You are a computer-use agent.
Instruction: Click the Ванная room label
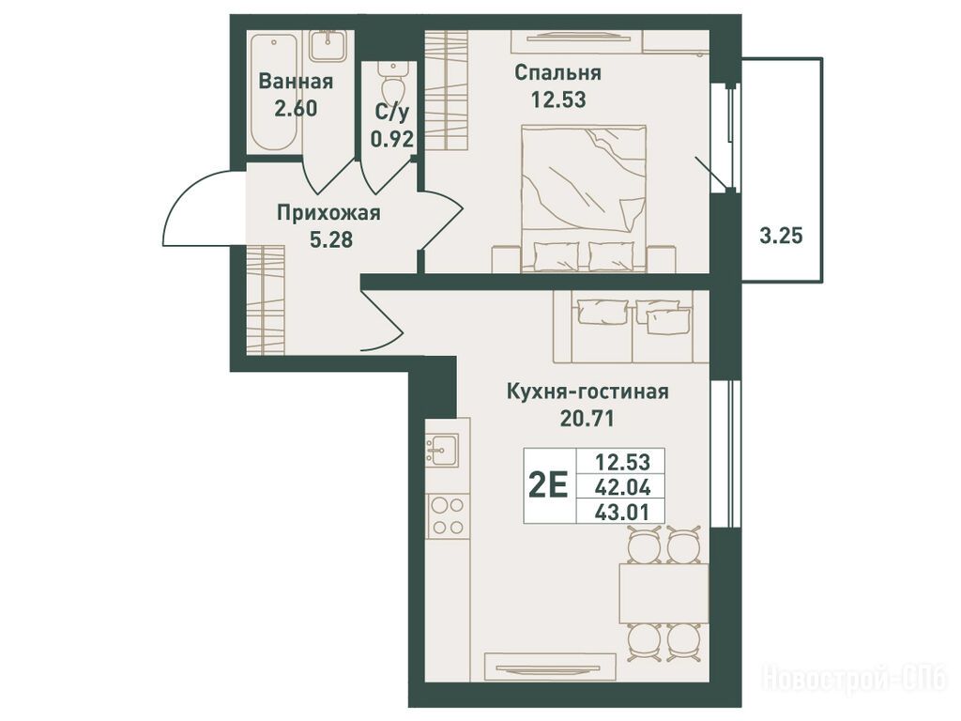click(296, 81)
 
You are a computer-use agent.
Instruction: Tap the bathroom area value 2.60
click(296, 109)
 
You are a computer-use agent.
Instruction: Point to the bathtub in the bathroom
click(275, 92)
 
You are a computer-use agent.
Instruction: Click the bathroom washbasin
click(329, 46)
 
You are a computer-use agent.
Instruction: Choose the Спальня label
click(557, 72)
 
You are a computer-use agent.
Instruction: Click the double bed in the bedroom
click(584, 198)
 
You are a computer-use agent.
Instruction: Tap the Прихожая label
click(328, 213)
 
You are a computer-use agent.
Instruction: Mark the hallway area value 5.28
click(331, 239)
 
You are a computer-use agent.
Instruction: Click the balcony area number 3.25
click(781, 235)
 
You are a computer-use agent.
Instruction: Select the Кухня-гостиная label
click(587, 391)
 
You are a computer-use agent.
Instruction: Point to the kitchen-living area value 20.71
click(587, 418)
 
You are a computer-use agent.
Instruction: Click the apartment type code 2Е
click(548, 487)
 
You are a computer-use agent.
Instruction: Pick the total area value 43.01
click(621, 512)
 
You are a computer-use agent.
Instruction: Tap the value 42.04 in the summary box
click(621, 487)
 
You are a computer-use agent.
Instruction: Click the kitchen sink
click(442, 450)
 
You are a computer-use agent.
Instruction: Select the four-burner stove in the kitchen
click(448, 516)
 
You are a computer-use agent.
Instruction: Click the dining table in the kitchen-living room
click(664, 593)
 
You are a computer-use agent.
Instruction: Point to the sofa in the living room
click(632, 326)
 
